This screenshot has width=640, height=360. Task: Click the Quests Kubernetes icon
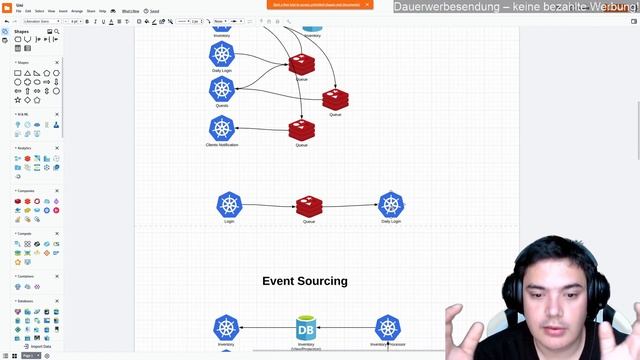pyautogui.click(x=222, y=89)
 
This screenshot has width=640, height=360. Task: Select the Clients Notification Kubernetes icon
pyautogui.click(x=222, y=128)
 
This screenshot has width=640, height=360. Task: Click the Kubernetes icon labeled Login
pyautogui.click(x=230, y=204)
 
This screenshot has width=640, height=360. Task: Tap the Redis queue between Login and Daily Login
pyautogui.click(x=309, y=207)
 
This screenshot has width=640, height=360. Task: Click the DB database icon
pyautogui.click(x=306, y=327)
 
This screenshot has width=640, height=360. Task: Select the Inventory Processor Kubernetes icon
pyautogui.click(x=388, y=327)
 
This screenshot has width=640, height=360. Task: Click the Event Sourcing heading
pyautogui.click(x=305, y=281)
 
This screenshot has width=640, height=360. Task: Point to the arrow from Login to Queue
pyautogui.click(x=270, y=206)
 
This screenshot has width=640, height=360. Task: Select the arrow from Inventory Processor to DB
pyautogui.click(x=347, y=327)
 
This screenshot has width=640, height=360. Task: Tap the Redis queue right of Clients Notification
pyautogui.click(x=301, y=130)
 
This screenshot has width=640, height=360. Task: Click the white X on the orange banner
pyautogui.click(x=367, y=4)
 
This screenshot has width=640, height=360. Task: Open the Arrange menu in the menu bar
pyautogui.click(x=77, y=11)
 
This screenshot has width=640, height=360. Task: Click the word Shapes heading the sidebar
pyautogui.click(x=22, y=31)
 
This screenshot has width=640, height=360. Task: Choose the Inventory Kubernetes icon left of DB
pyautogui.click(x=226, y=327)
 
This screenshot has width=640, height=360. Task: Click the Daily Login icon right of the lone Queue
pyautogui.click(x=391, y=205)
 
